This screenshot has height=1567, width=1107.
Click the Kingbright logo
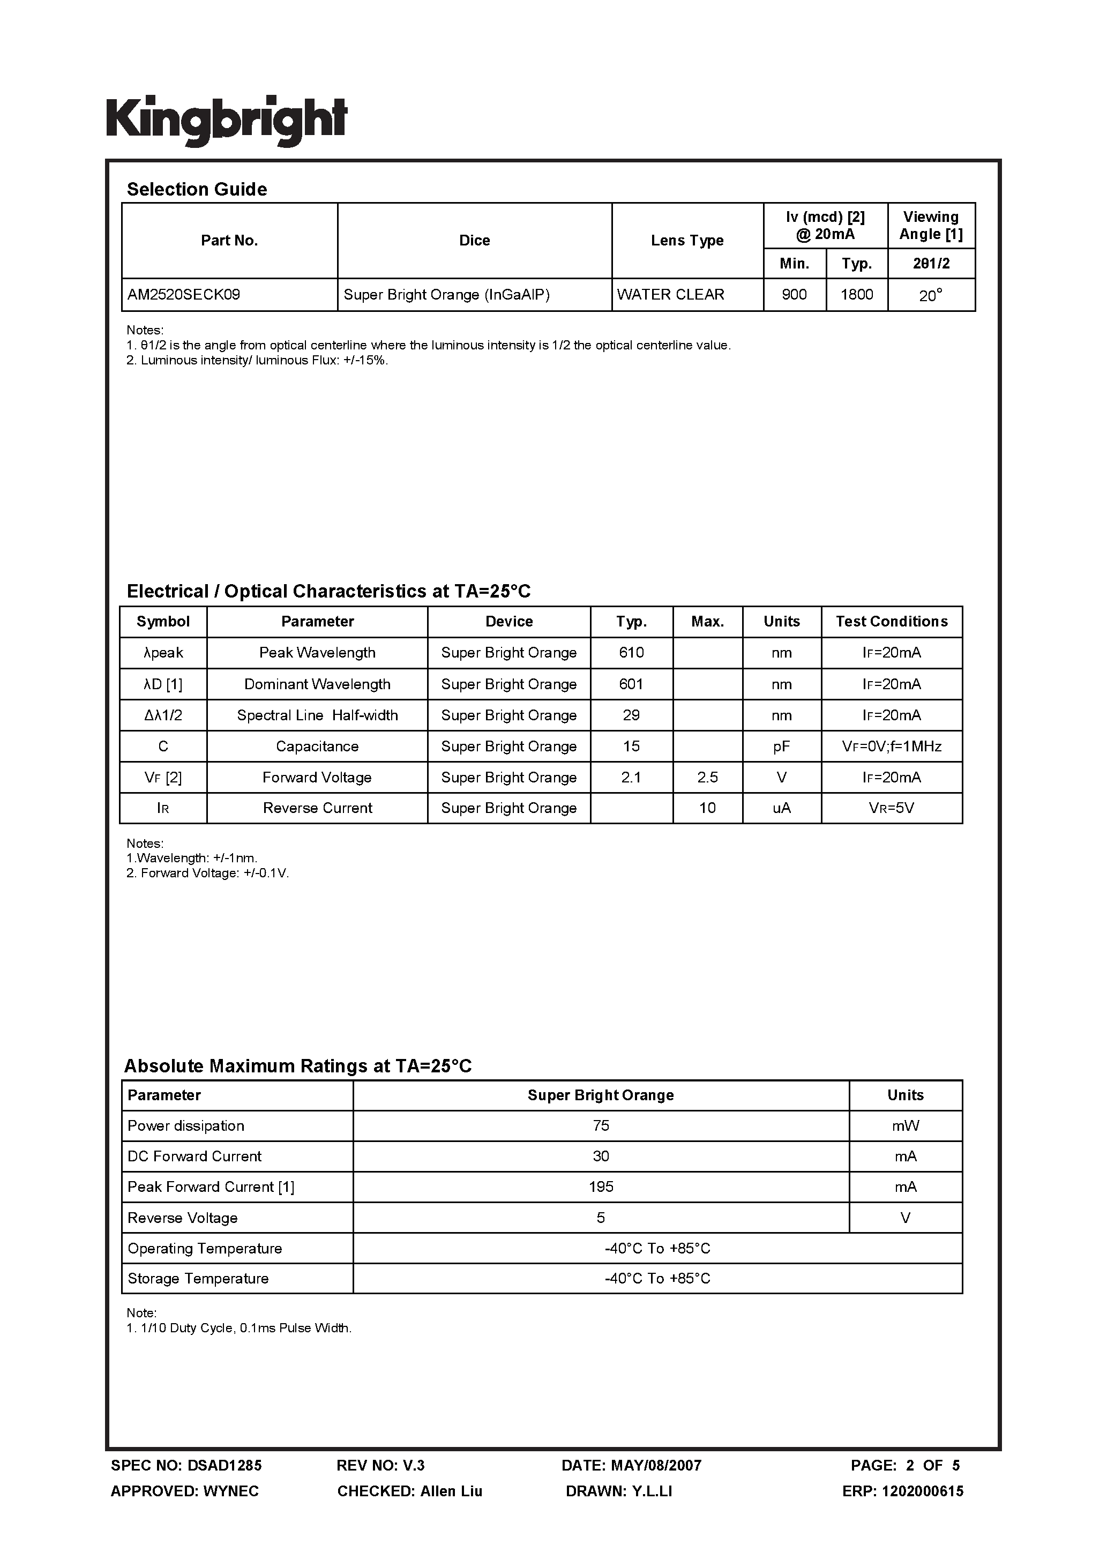tap(227, 120)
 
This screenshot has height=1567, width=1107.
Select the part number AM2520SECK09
tap(184, 295)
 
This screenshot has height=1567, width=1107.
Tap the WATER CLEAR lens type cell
tap(670, 295)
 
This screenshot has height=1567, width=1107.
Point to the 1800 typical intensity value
tap(857, 295)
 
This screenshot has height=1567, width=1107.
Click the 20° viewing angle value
tap(930, 295)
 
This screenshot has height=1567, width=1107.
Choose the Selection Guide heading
tap(197, 189)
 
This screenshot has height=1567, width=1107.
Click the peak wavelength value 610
tap(631, 652)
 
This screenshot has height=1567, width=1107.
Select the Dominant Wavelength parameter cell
tap(317, 684)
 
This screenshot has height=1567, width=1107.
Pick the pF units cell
tap(781, 746)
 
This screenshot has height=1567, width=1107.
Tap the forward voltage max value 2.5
tap(707, 778)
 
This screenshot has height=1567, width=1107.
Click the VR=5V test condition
tap(891, 808)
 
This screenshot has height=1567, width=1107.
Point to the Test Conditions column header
tap(891, 621)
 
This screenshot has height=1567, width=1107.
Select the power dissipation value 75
tap(601, 1125)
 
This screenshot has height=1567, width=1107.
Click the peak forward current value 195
tap(601, 1187)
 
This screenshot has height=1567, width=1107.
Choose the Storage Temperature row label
tap(198, 1278)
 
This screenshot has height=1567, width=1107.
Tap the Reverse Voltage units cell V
tap(905, 1218)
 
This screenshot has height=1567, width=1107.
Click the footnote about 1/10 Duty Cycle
tap(239, 1328)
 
